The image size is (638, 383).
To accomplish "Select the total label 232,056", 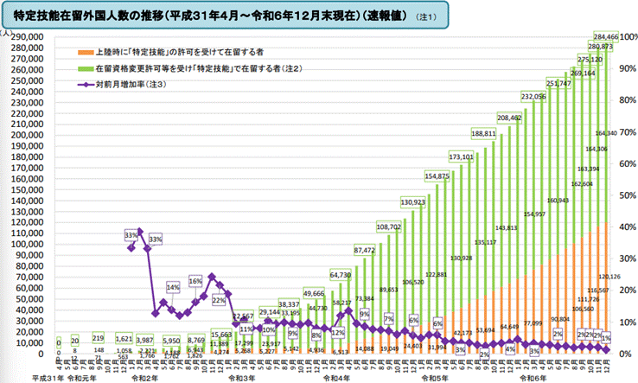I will [533, 96].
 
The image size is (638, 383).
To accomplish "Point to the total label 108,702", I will [389, 227].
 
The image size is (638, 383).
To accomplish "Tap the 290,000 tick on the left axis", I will [29, 37].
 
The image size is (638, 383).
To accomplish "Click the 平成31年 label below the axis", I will [48, 377].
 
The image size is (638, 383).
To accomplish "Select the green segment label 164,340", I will [607, 133].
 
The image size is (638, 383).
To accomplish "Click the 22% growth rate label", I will [219, 300].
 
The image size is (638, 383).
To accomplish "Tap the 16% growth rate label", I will [195, 281].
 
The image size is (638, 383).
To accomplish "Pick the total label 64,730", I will [341, 274].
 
